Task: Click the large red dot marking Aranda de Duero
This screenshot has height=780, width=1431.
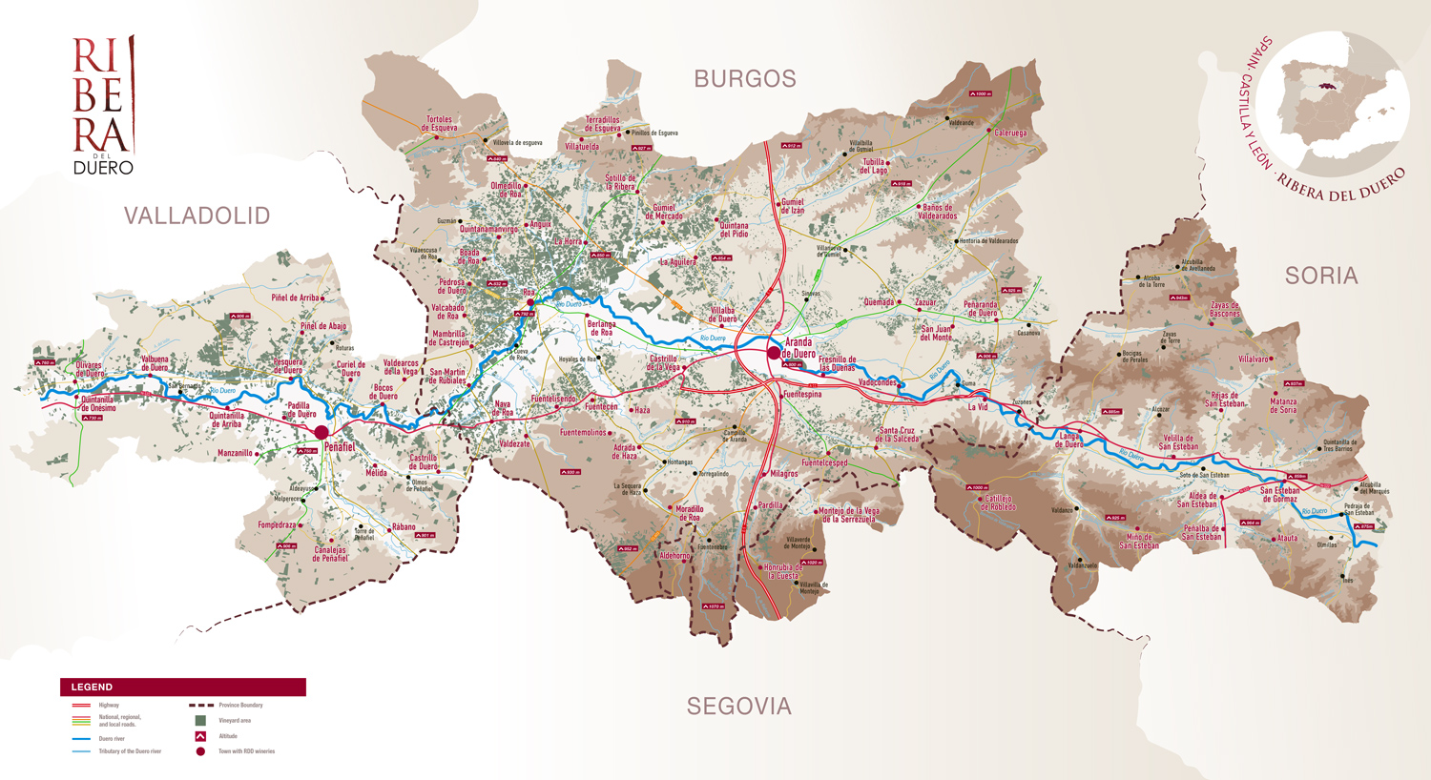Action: click(774, 353)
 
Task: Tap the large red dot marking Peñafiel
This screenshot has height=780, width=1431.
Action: click(322, 433)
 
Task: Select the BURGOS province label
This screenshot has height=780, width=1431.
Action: click(745, 79)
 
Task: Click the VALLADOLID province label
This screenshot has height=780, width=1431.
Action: click(197, 216)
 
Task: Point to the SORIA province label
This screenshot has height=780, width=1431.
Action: click(1320, 277)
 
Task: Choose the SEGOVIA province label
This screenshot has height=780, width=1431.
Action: click(739, 707)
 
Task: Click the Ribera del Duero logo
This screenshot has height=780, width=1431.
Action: click(103, 105)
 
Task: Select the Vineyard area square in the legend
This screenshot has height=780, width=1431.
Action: click(200, 721)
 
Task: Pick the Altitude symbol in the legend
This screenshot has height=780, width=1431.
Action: click(200, 736)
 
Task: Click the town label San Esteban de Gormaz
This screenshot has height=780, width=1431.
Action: click(1279, 495)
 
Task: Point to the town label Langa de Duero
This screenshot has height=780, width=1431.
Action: click(1068, 441)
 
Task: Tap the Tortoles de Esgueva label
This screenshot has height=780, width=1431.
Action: click(440, 124)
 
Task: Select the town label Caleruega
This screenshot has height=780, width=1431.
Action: click(1010, 133)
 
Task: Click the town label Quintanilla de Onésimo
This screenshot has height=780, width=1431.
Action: click(98, 404)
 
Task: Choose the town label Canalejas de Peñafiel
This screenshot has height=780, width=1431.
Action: click(330, 554)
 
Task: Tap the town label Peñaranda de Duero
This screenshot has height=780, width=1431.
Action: click(981, 309)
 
